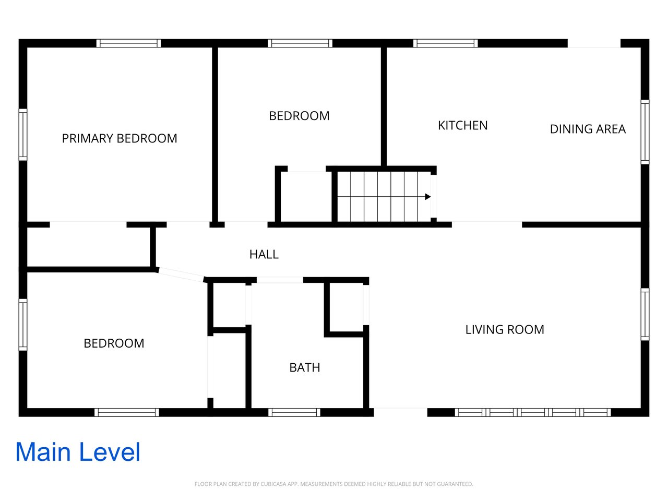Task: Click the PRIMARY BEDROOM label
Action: click(x=120, y=138)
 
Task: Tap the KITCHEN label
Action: click(x=462, y=125)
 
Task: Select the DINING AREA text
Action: click(x=588, y=129)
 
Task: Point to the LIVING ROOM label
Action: click(x=505, y=330)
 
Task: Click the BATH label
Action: click(x=305, y=367)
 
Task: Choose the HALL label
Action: click(x=264, y=254)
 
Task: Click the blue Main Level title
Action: click(x=78, y=452)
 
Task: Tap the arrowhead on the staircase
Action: click(x=428, y=197)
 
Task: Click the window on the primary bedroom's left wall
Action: click(x=23, y=135)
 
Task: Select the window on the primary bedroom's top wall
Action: click(x=129, y=43)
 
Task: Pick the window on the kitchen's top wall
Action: click(x=446, y=43)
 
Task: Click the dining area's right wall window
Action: click(x=645, y=132)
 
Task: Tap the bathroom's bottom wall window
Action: click(x=294, y=412)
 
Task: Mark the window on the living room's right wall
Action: click(x=645, y=314)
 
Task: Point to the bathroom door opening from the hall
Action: click(x=280, y=280)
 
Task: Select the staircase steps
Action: click(x=384, y=197)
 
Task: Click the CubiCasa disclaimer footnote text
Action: click(x=334, y=484)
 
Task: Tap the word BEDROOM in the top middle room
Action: click(x=299, y=116)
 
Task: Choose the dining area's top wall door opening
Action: click(x=594, y=43)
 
